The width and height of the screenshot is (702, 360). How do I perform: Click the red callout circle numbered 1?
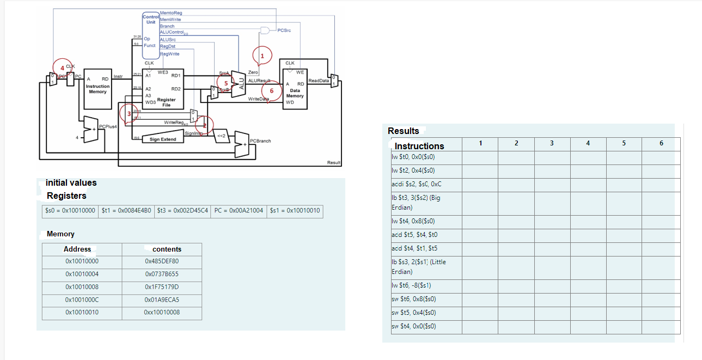pos(262,56)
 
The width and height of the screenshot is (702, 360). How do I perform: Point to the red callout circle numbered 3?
pos(129,113)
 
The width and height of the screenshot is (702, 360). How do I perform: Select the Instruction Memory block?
pos(97,89)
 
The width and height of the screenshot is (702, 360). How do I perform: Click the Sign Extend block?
pos(162,139)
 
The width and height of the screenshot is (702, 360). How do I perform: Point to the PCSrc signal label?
pos(284,30)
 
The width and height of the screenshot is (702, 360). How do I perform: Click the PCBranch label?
pos(260,141)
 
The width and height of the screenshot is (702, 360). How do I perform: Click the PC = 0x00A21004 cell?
pos(239,211)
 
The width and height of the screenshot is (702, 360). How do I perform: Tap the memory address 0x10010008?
pos(82,287)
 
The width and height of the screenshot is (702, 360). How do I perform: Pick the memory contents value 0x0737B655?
pos(162,274)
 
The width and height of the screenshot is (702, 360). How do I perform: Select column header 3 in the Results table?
pos(552,143)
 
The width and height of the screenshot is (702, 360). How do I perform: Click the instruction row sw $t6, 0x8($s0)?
pos(414,299)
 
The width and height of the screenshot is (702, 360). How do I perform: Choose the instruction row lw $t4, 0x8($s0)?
pos(413,221)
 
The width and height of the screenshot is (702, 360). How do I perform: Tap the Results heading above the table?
pos(403,131)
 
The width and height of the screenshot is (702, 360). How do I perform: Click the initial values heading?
pos(71,183)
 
